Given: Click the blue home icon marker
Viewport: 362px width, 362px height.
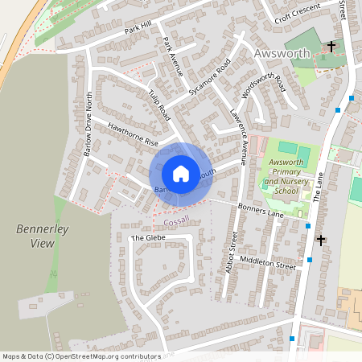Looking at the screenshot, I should tap(181, 173).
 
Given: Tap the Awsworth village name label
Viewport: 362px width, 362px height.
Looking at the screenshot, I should tap(281, 54).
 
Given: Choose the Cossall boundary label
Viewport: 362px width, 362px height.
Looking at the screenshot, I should tap(175, 220).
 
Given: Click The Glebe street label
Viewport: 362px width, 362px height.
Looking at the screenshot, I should tap(147, 239).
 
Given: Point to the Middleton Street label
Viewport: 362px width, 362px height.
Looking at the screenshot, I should tap(273, 263).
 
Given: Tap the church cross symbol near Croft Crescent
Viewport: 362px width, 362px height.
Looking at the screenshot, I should tap(331, 47).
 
